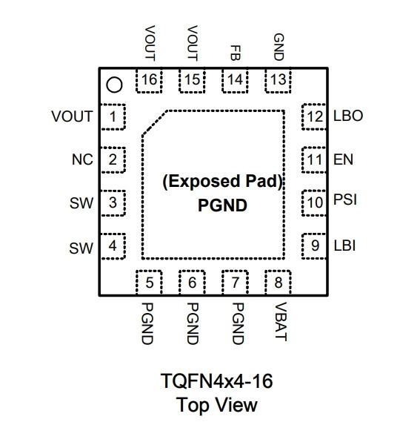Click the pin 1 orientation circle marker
[114, 85]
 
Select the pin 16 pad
[149, 81]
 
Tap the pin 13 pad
[278, 81]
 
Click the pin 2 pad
[113, 159]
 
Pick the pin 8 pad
[278, 282]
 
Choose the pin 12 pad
[314, 116]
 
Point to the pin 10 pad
[314, 202]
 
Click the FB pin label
[235, 53]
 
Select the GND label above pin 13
[279, 47]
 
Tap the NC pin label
[82, 159]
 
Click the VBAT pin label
[281, 321]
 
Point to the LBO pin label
[348, 116]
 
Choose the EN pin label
[343, 159]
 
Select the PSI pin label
[345, 200]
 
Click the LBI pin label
[344, 246]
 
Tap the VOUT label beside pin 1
[73, 116]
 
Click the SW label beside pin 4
[81, 248]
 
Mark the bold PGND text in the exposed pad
[222, 205]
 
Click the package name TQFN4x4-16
[216, 380]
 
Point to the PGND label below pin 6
[193, 323]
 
